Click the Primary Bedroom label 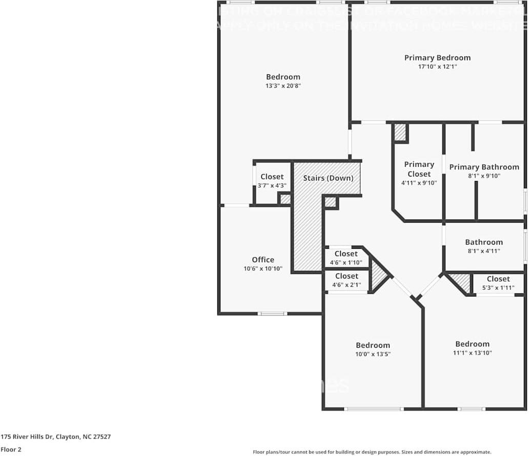[x=437, y=58]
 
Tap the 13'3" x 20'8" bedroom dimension [x=283, y=86]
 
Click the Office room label [x=262, y=260]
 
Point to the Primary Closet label [x=419, y=169]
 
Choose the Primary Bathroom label [x=484, y=167]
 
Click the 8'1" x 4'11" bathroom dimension [x=484, y=251]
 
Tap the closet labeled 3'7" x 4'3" [x=272, y=181]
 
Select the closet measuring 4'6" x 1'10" [x=346, y=258]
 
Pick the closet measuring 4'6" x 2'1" [x=346, y=281]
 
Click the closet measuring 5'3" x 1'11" [x=498, y=283]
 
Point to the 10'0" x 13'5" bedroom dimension [x=373, y=354]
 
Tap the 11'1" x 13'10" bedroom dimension [x=472, y=353]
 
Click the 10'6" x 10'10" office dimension [x=262, y=268]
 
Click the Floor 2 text [x=11, y=449]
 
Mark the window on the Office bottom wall [x=272, y=313]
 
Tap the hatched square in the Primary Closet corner [x=400, y=132]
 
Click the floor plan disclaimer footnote [x=372, y=452]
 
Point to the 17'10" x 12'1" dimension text [x=437, y=67]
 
